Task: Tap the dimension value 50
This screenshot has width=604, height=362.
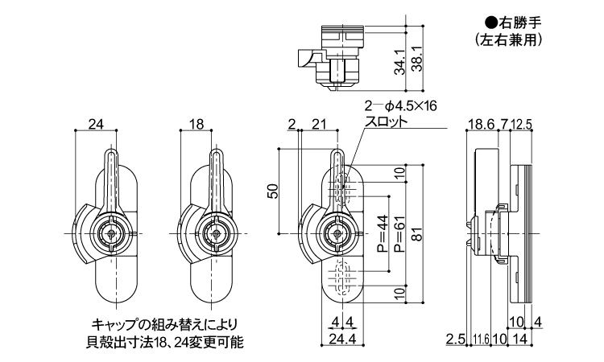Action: coord(272,191)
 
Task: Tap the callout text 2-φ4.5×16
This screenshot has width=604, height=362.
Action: coord(400,107)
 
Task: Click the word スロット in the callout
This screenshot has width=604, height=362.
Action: coord(387,122)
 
